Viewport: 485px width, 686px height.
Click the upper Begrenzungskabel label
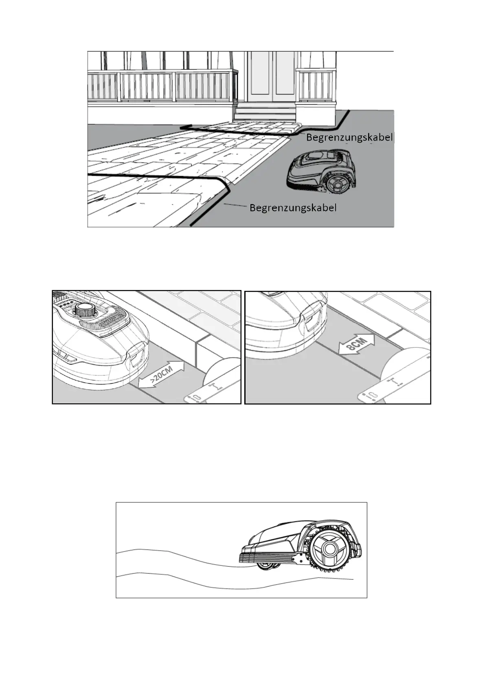point(349,138)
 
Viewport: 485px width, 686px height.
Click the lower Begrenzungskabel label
point(293,208)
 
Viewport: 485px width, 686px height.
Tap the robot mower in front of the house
point(320,170)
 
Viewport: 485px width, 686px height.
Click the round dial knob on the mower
point(84,311)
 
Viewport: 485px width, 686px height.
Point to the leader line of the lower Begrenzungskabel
point(236,205)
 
